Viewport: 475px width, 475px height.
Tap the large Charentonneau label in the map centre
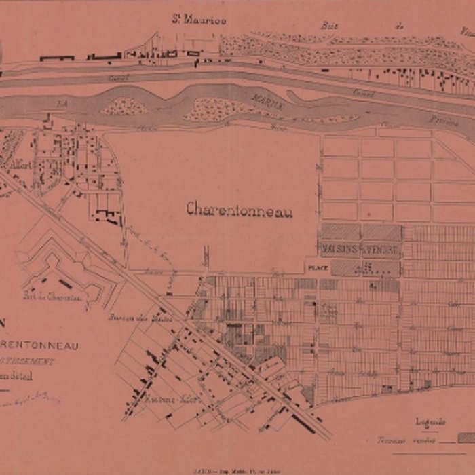(x=239, y=211)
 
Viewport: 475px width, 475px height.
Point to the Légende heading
(x=431, y=421)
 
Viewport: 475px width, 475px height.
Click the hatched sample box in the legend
(x=467, y=439)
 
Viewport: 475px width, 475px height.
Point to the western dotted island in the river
(x=123, y=106)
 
